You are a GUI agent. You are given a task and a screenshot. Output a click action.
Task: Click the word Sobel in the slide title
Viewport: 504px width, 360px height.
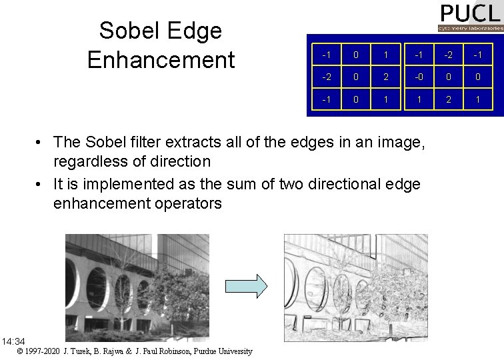(128, 31)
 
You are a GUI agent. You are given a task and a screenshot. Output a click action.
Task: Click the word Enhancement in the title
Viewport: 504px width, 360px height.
(161, 59)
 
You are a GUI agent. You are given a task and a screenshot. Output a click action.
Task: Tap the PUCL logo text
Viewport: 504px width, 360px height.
(469, 13)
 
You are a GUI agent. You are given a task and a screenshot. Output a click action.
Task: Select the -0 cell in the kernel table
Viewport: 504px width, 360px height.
(417, 77)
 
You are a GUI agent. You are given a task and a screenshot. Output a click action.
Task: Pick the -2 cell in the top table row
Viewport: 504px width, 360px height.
(448, 53)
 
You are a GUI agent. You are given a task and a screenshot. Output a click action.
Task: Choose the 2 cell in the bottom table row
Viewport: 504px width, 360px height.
(448, 100)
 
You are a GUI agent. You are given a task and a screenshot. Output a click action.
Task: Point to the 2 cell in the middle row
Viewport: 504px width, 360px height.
(386, 77)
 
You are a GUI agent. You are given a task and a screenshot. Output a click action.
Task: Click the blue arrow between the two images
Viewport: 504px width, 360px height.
(246, 286)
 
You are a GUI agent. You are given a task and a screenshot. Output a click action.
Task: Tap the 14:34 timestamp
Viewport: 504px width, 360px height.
(13, 341)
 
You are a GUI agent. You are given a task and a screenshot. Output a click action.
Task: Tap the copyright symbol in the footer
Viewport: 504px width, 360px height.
(20, 351)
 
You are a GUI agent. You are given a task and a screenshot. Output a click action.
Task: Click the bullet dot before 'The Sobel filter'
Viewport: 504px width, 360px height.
(41, 142)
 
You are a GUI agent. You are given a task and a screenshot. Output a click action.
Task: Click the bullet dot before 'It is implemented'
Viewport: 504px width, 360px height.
(41, 184)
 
